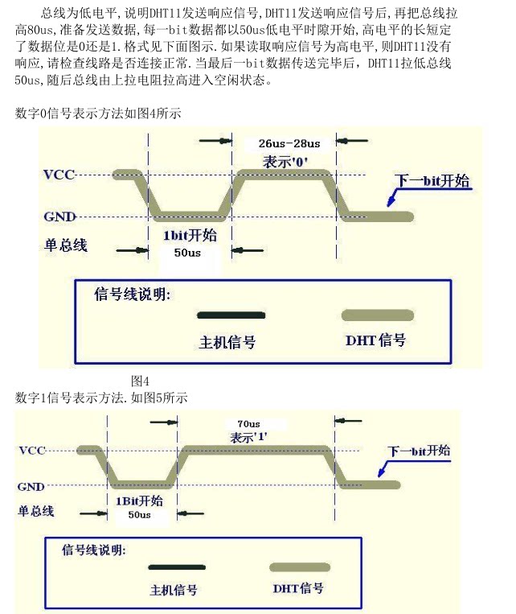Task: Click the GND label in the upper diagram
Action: click(59, 216)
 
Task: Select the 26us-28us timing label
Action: click(289, 143)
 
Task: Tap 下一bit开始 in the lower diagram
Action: click(419, 451)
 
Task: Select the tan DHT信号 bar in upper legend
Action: click(378, 315)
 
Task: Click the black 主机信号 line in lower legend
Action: click(175, 567)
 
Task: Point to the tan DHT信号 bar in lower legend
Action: click(299, 567)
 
